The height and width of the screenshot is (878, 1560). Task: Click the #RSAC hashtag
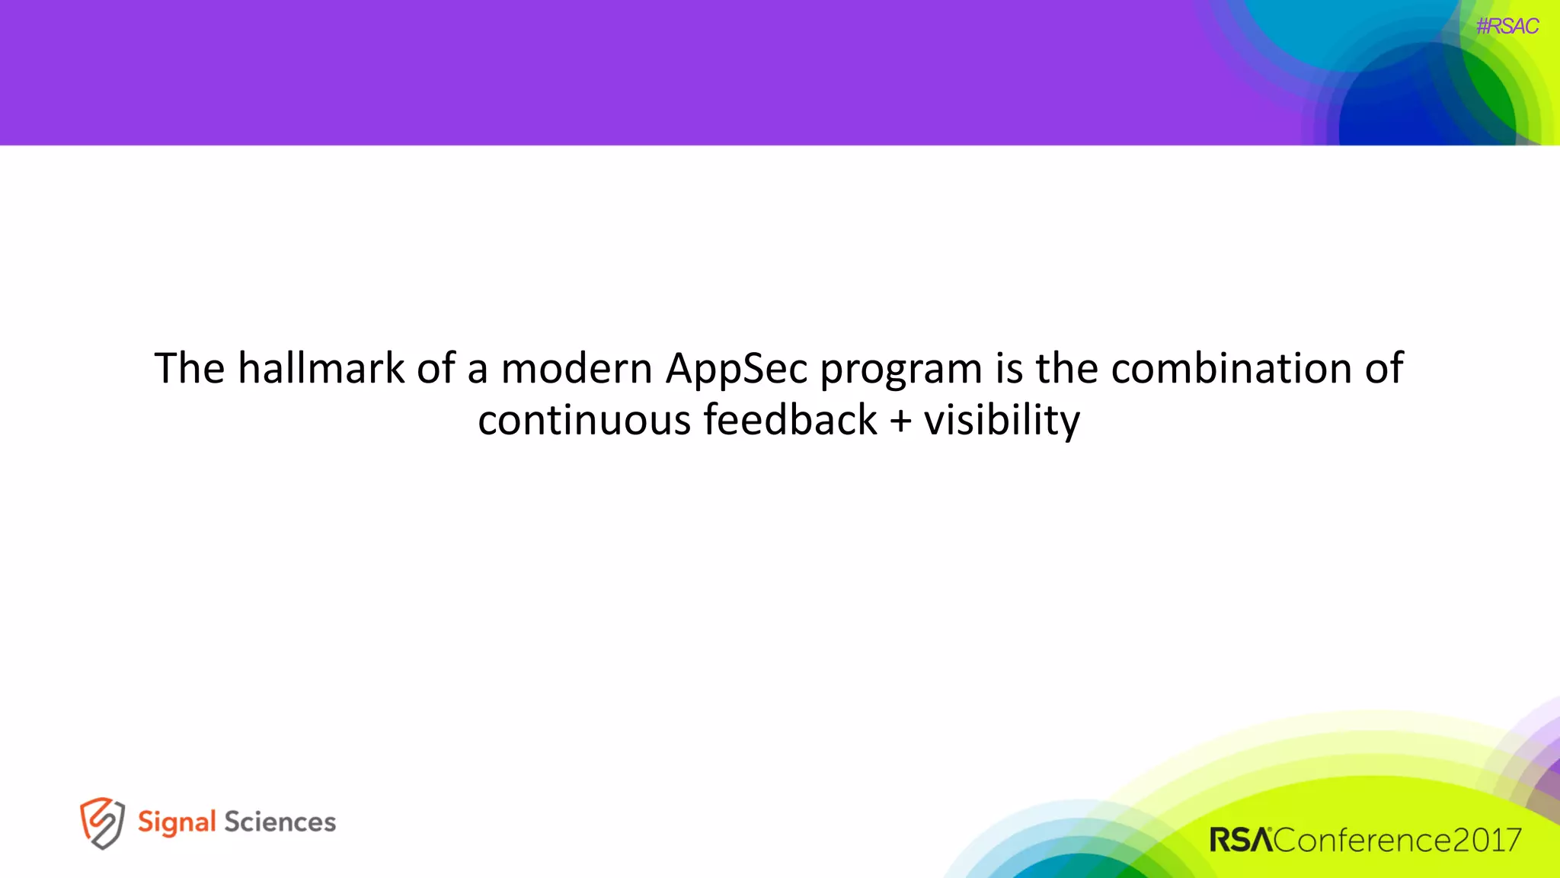coord(1507,27)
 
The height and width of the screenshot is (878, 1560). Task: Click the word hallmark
coord(321,369)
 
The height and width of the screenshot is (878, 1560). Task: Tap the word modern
coord(577,370)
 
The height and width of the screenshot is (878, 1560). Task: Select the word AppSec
coord(736,370)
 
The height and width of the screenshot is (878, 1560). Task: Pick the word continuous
coord(583,421)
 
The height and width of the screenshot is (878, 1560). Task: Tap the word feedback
coord(790,421)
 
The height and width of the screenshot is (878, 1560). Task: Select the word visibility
coord(1002,421)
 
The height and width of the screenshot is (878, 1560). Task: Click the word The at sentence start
coord(190,369)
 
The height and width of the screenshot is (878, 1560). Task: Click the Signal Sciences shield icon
coord(102,822)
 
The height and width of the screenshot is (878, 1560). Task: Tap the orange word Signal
coord(177,822)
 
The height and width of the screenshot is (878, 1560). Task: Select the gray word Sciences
coord(280,822)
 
